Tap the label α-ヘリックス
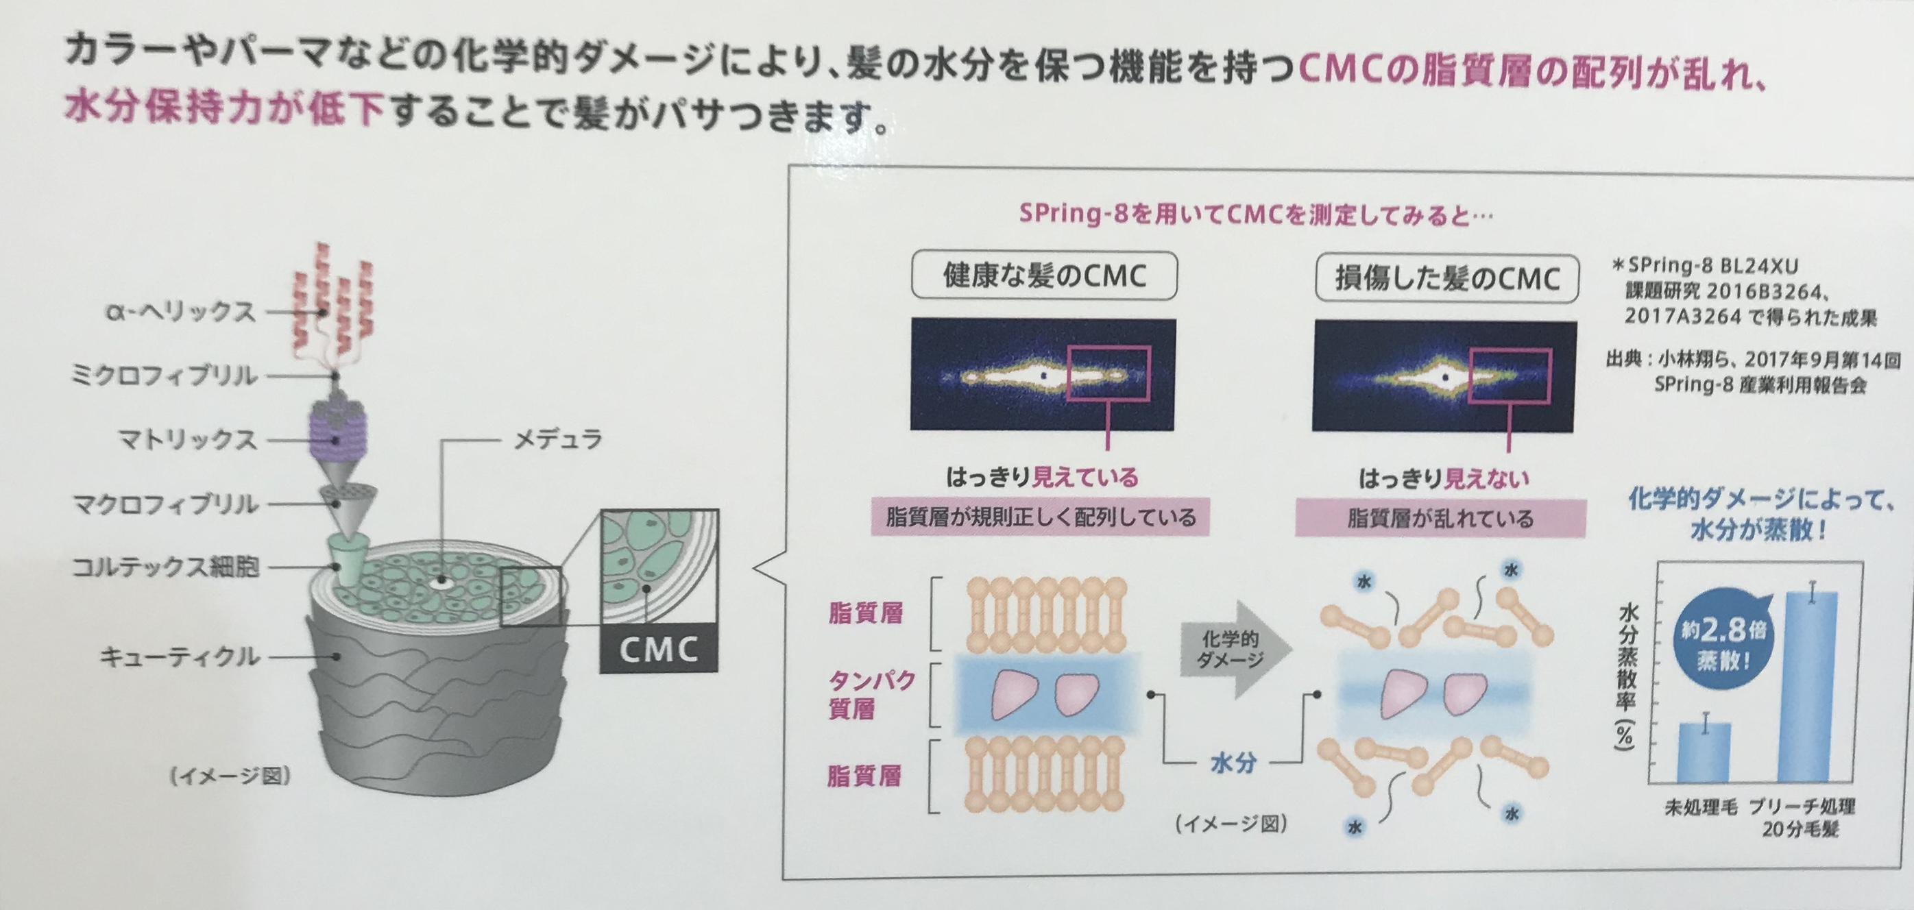point(180,312)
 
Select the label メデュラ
point(558,440)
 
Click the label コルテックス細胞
point(165,567)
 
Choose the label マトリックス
point(187,440)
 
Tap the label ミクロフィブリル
point(163,376)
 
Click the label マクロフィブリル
point(165,504)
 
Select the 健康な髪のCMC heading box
point(1044,276)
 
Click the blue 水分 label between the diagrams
point(1233,762)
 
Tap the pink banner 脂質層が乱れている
point(1440,519)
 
